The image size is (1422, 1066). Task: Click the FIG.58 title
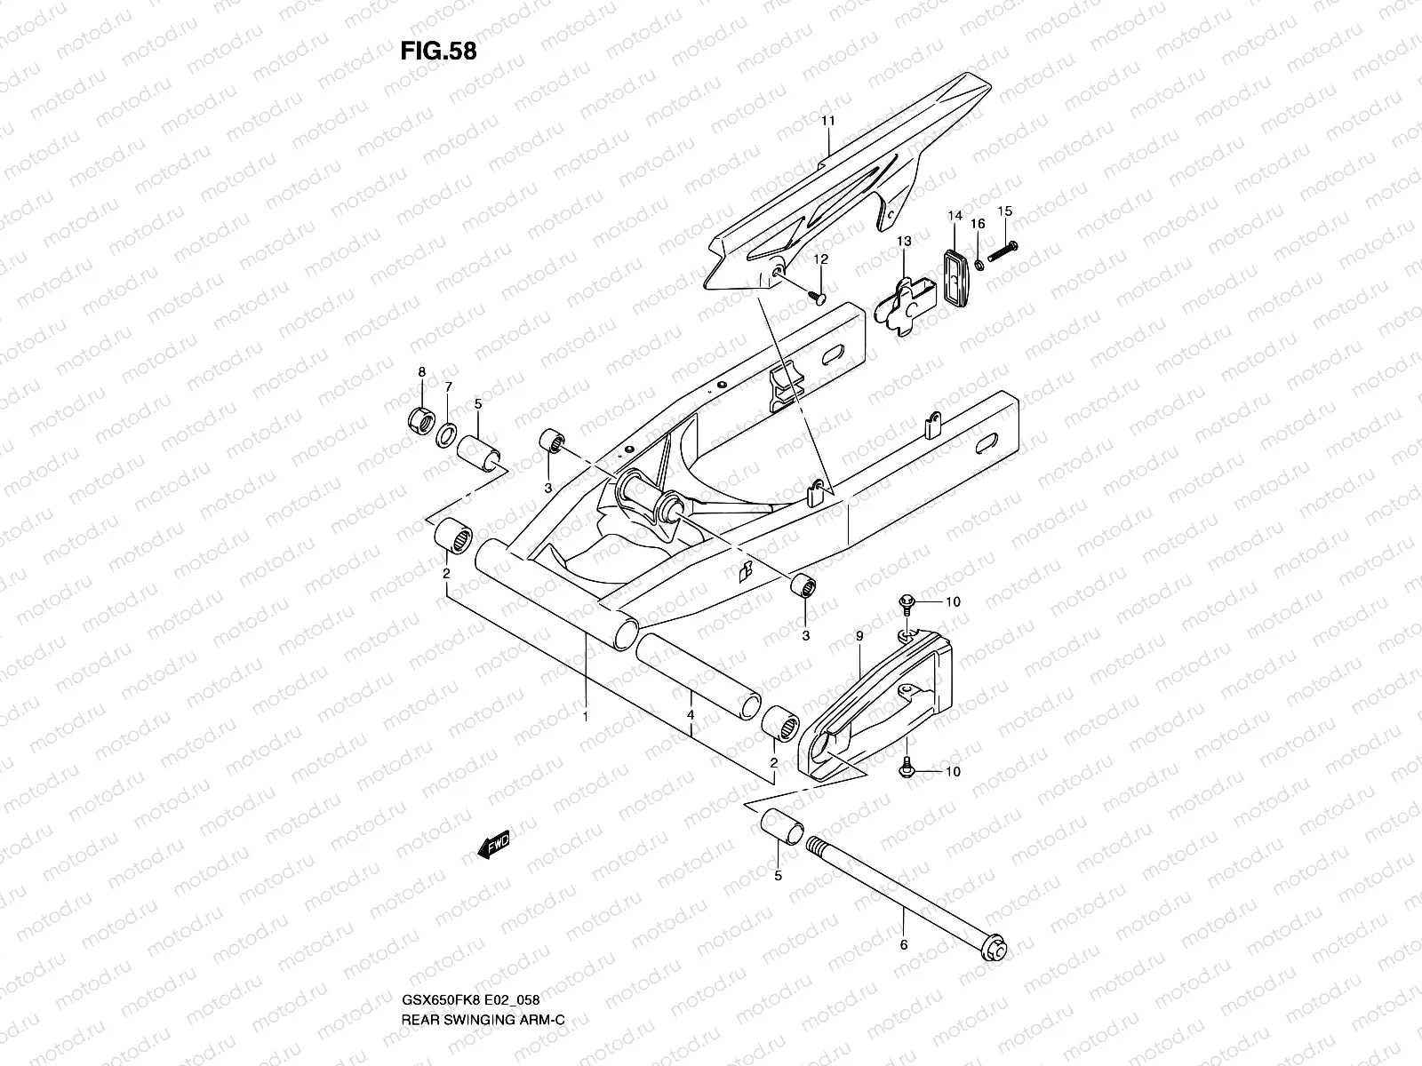438,51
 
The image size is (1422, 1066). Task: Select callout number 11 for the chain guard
827,120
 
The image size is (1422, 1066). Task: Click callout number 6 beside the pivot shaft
904,944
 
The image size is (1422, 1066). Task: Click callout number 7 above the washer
449,386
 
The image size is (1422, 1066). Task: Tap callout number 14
955,216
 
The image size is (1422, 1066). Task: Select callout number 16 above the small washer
978,225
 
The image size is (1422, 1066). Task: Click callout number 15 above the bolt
1005,211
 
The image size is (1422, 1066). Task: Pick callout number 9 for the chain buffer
859,636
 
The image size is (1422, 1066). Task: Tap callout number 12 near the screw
820,259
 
